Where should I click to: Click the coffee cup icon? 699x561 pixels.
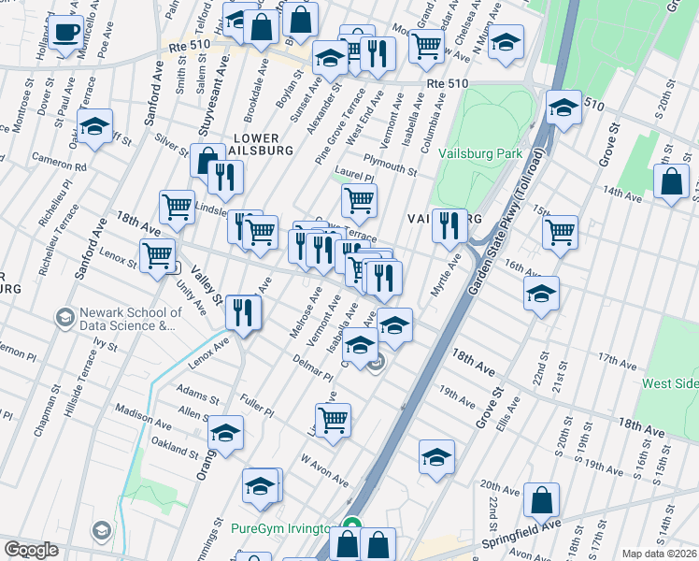(x=65, y=33)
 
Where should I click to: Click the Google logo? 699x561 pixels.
(x=31, y=550)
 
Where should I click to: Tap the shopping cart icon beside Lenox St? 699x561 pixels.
(x=157, y=253)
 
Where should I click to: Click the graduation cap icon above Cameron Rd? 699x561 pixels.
(x=94, y=125)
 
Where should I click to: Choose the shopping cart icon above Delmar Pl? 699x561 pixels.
(x=333, y=420)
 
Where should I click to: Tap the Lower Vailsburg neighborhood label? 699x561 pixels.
(x=261, y=143)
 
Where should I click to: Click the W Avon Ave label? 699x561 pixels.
(x=324, y=472)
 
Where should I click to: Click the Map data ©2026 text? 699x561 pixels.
(x=660, y=554)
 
